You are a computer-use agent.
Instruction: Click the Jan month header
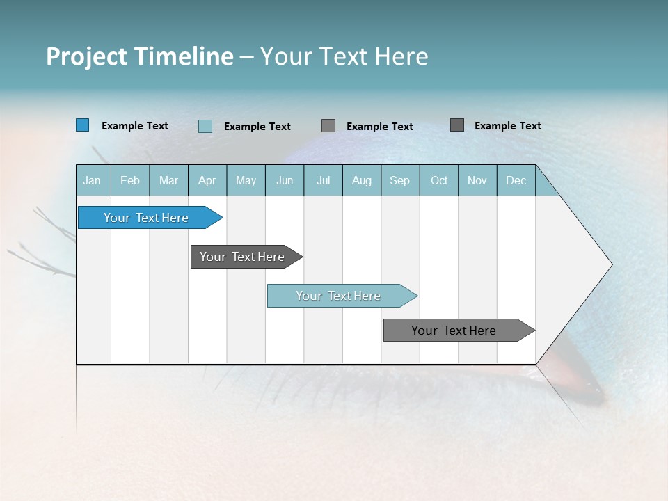pos(93,180)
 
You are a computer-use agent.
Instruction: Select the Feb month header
pos(130,180)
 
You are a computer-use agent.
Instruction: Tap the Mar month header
pos(168,180)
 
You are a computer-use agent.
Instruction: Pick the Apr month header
pos(207,180)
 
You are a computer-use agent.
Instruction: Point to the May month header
pos(246,180)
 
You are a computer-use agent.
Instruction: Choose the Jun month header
pos(285,180)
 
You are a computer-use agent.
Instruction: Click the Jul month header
pos(323,180)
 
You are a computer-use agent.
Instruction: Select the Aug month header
pos(362,180)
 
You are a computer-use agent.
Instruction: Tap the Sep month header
pos(400,180)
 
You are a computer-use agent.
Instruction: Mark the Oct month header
pos(439,180)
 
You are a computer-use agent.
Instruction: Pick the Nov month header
pos(477,180)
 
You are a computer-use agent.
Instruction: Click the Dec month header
pos(516,180)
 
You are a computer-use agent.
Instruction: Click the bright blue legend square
pos(82,125)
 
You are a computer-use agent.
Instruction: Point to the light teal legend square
pos(205,126)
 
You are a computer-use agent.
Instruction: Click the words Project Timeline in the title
pos(140,56)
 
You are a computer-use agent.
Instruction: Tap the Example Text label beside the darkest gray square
pos(507,126)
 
